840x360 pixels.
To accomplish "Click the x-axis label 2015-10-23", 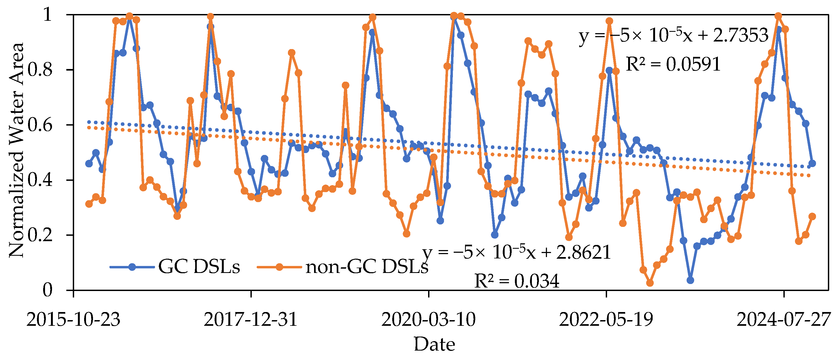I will [x=73, y=320].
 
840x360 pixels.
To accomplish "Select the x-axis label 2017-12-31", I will [x=251, y=320].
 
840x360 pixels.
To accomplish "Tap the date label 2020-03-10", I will [x=428, y=320].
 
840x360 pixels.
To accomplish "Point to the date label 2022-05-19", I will [x=606, y=320].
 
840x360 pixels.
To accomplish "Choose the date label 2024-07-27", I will [x=784, y=320].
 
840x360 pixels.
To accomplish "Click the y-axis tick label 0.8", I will [x=40, y=70].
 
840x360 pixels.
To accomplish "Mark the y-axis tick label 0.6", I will [x=40, y=125].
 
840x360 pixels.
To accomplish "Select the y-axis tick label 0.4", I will [x=40, y=180].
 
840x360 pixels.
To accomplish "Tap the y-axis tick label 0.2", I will [x=40, y=235].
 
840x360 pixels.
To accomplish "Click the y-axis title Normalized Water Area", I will [x=16, y=150].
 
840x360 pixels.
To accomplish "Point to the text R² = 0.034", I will [x=517, y=281].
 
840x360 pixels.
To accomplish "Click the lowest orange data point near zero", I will [x=650, y=283].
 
